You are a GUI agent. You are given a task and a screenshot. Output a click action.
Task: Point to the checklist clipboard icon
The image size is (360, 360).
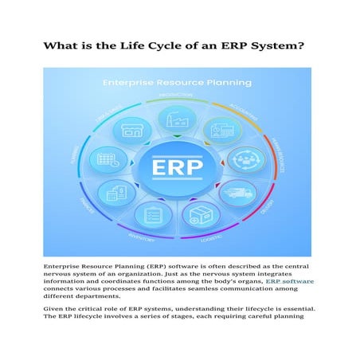click(151, 213)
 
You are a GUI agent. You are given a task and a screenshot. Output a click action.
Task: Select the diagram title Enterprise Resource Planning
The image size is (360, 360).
click(178, 81)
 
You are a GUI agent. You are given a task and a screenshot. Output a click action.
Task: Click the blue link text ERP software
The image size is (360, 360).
click(290, 281)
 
